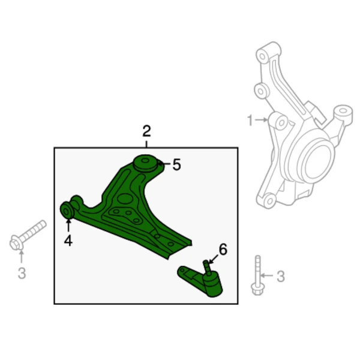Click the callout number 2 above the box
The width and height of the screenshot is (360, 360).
pos(147,131)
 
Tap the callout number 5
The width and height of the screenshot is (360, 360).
pos(176,164)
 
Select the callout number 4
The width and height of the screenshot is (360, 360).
pos(68,241)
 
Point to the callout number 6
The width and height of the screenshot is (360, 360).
pos(223,249)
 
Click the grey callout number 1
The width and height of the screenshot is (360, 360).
pos(250,121)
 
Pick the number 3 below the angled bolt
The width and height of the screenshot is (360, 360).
pos(22,273)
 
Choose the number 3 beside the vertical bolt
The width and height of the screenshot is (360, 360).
pos(281,276)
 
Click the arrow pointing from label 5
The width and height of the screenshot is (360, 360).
pos(164,164)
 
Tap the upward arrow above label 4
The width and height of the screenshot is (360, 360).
pos(68,226)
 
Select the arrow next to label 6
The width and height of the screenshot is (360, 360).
pos(213,259)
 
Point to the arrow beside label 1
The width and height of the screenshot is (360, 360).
pos(261,120)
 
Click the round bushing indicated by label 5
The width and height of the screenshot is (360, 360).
pos(145,163)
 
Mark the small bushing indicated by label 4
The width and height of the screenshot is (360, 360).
pos(67,211)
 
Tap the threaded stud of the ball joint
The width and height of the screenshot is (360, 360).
pos(207,268)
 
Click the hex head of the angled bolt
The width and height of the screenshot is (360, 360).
pos(16,243)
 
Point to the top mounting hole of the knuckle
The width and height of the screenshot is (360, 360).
pos(262,56)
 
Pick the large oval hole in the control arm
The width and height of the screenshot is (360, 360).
pos(125,199)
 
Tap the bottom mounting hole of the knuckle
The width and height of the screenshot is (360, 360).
pos(269,200)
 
